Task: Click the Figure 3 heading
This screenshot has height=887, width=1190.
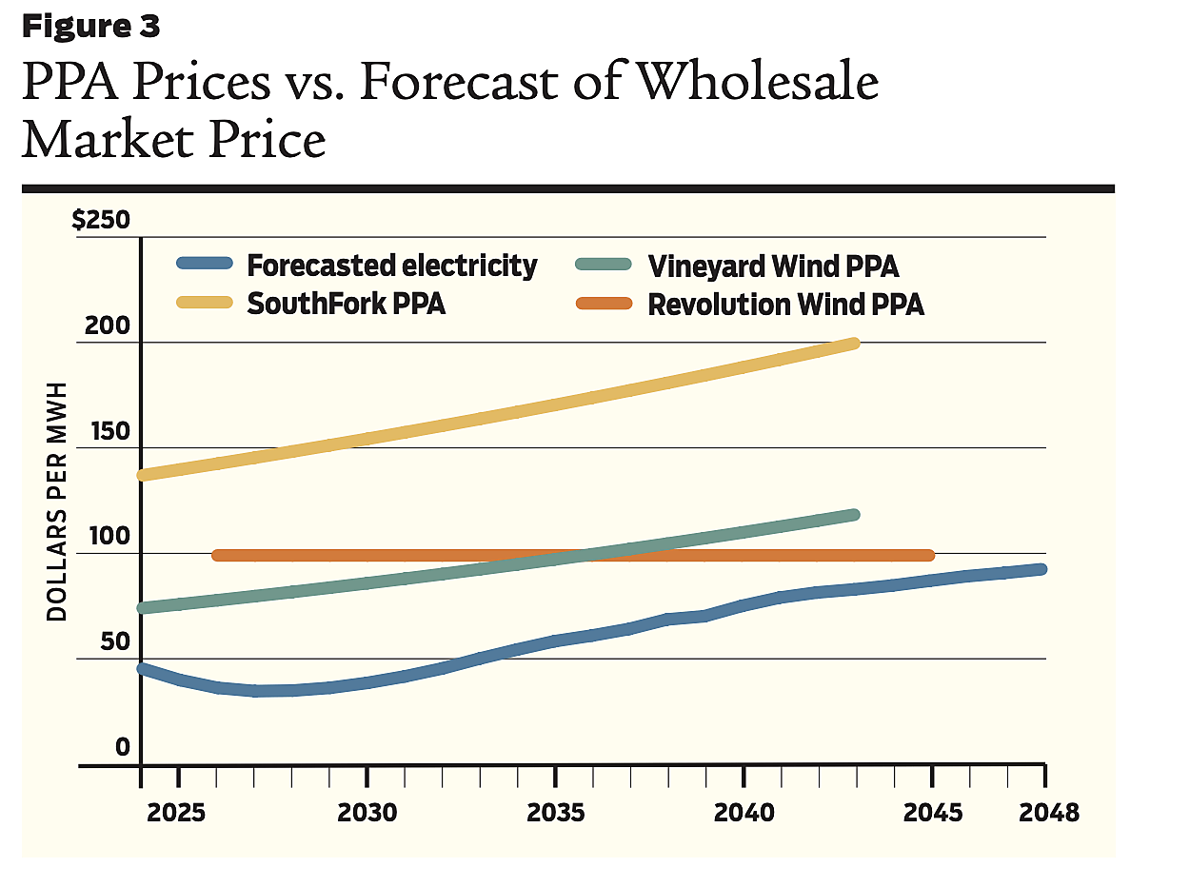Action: pos(90,27)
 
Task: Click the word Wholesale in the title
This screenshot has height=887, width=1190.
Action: pos(757,83)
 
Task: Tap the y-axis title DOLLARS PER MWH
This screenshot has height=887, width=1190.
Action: pos(58,502)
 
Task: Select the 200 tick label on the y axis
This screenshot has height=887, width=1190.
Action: pos(108,326)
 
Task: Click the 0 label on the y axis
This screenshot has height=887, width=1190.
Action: pos(122,748)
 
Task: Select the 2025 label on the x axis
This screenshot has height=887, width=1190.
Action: pos(177,814)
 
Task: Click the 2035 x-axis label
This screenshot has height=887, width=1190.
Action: pos(556,814)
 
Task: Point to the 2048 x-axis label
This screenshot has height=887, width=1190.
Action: pos(1049,814)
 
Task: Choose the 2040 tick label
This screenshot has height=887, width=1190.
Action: pos(744,814)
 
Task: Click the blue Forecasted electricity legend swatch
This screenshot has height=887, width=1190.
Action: pos(205,264)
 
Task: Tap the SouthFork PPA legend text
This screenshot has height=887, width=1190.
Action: pos(347,305)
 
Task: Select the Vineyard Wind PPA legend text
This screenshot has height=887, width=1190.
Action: pos(773,265)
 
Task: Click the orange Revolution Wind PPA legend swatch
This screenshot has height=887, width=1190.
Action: pos(604,304)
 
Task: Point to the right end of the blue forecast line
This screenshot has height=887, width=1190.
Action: pos(1041,569)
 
